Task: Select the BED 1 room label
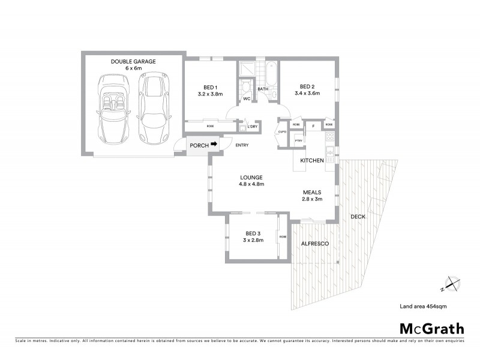click(210, 86)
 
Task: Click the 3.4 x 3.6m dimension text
click(307, 93)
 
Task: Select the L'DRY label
click(252, 127)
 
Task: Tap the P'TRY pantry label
click(297, 140)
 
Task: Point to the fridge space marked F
click(312, 127)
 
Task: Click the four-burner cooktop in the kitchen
click(329, 139)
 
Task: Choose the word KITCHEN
click(312, 161)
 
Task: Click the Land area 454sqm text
click(423, 307)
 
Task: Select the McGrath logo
click(431, 328)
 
